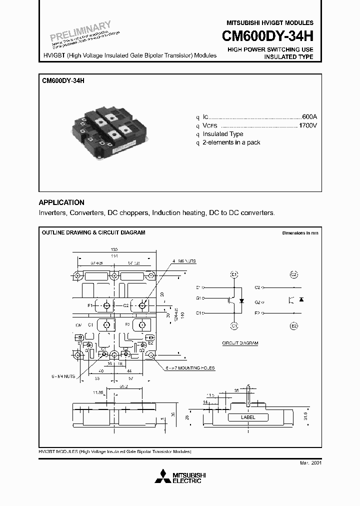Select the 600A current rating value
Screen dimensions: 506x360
point(309,116)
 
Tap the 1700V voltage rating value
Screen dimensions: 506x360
point(307,125)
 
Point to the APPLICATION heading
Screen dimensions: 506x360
point(61,202)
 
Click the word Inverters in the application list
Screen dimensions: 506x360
point(52,212)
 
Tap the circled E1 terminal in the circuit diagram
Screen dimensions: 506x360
point(234,274)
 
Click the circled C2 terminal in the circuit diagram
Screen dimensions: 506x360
point(294,274)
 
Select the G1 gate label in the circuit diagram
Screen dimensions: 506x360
point(199,298)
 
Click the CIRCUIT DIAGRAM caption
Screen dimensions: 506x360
point(240,343)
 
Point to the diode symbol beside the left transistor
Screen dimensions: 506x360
point(242,301)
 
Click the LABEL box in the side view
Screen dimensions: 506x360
point(247,417)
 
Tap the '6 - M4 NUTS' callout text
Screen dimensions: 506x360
point(62,375)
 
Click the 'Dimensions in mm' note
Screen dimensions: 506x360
point(299,233)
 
